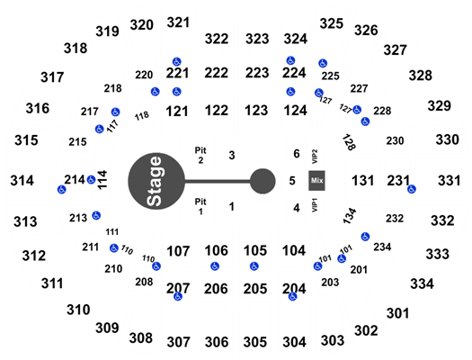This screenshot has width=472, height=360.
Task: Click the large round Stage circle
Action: [x=156, y=181]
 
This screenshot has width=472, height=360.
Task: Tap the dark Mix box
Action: [x=316, y=181]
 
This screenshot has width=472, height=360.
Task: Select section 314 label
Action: [x=22, y=181]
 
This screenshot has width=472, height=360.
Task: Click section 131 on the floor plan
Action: [x=362, y=181]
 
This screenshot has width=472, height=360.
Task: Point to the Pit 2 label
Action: [x=200, y=155]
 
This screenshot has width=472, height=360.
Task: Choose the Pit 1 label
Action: [x=200, y=206]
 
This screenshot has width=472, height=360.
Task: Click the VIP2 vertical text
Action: [x=315, y=157]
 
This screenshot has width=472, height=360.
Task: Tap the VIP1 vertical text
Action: [x=315, y=205]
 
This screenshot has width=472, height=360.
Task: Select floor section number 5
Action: [x=292, y=181]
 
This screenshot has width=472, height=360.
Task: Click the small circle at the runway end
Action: [x=263, y=181]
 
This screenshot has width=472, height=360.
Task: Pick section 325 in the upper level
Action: [x=332, y=23]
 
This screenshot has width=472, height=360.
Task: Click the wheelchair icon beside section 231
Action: [x=412, y=189]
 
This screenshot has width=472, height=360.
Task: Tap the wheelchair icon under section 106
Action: [x=215, y=266]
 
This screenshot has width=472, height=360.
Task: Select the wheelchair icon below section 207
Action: [x=178, y=297]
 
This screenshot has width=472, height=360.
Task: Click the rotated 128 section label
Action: [x=349, y=142]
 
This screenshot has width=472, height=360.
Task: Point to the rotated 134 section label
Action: [x=350, y=216]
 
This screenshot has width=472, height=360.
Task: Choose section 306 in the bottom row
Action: [x=217, y=342]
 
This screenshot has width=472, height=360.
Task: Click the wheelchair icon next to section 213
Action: [x=96, y=216]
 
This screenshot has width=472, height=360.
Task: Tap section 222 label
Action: [x=216, y=73]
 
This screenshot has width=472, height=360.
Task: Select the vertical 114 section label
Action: [x=102, y=180]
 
